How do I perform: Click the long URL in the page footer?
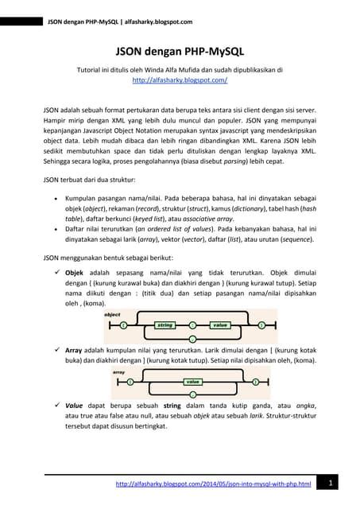(213, 484)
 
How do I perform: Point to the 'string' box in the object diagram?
(165, 325)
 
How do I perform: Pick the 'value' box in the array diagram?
(192, 382)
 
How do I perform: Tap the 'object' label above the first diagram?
(113, 315)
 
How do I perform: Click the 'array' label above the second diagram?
(119, 371)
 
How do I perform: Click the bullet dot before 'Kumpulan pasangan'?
(54, 193)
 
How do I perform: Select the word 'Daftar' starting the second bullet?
(76, 227)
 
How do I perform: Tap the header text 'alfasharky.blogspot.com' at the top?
(151, 10)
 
